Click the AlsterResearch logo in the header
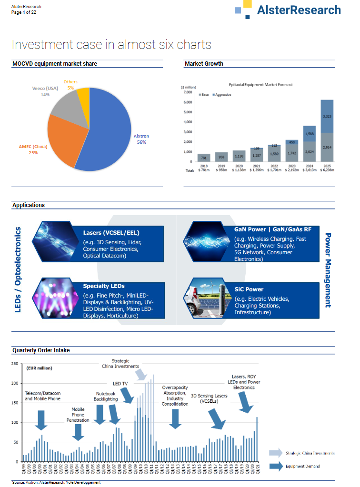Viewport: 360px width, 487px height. tap(288, 10)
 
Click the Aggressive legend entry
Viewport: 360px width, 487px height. tap(222, 95)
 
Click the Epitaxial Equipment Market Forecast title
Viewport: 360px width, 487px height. tap(260, 85)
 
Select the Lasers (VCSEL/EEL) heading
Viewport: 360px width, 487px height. tap(111, 233)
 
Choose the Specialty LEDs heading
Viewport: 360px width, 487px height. tap(103, 286)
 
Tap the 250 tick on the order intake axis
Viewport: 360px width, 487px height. tap(15, 364)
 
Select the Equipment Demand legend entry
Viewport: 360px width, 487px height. tap(302, 466)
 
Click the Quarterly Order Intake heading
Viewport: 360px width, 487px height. tap(41, 350)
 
